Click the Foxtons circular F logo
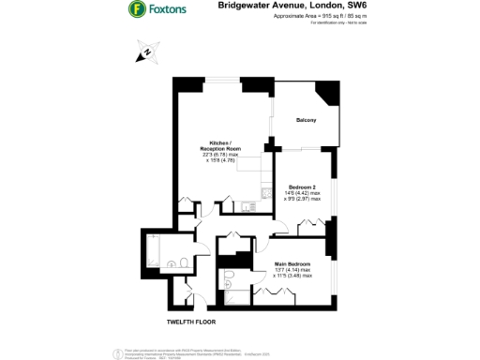click(x=138, y=11)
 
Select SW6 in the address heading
click(x=357, y=6)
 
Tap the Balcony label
click(x=306, y=121)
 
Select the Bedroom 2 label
click(x=302, y=186)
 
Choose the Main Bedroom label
click(x=292, y=265)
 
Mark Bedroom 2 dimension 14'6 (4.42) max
click(x=303, y=192)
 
